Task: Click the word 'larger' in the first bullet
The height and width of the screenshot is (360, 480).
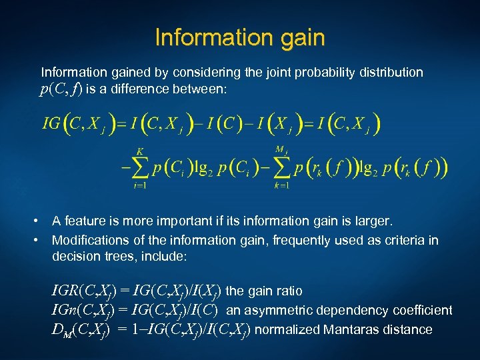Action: point(369,221)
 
